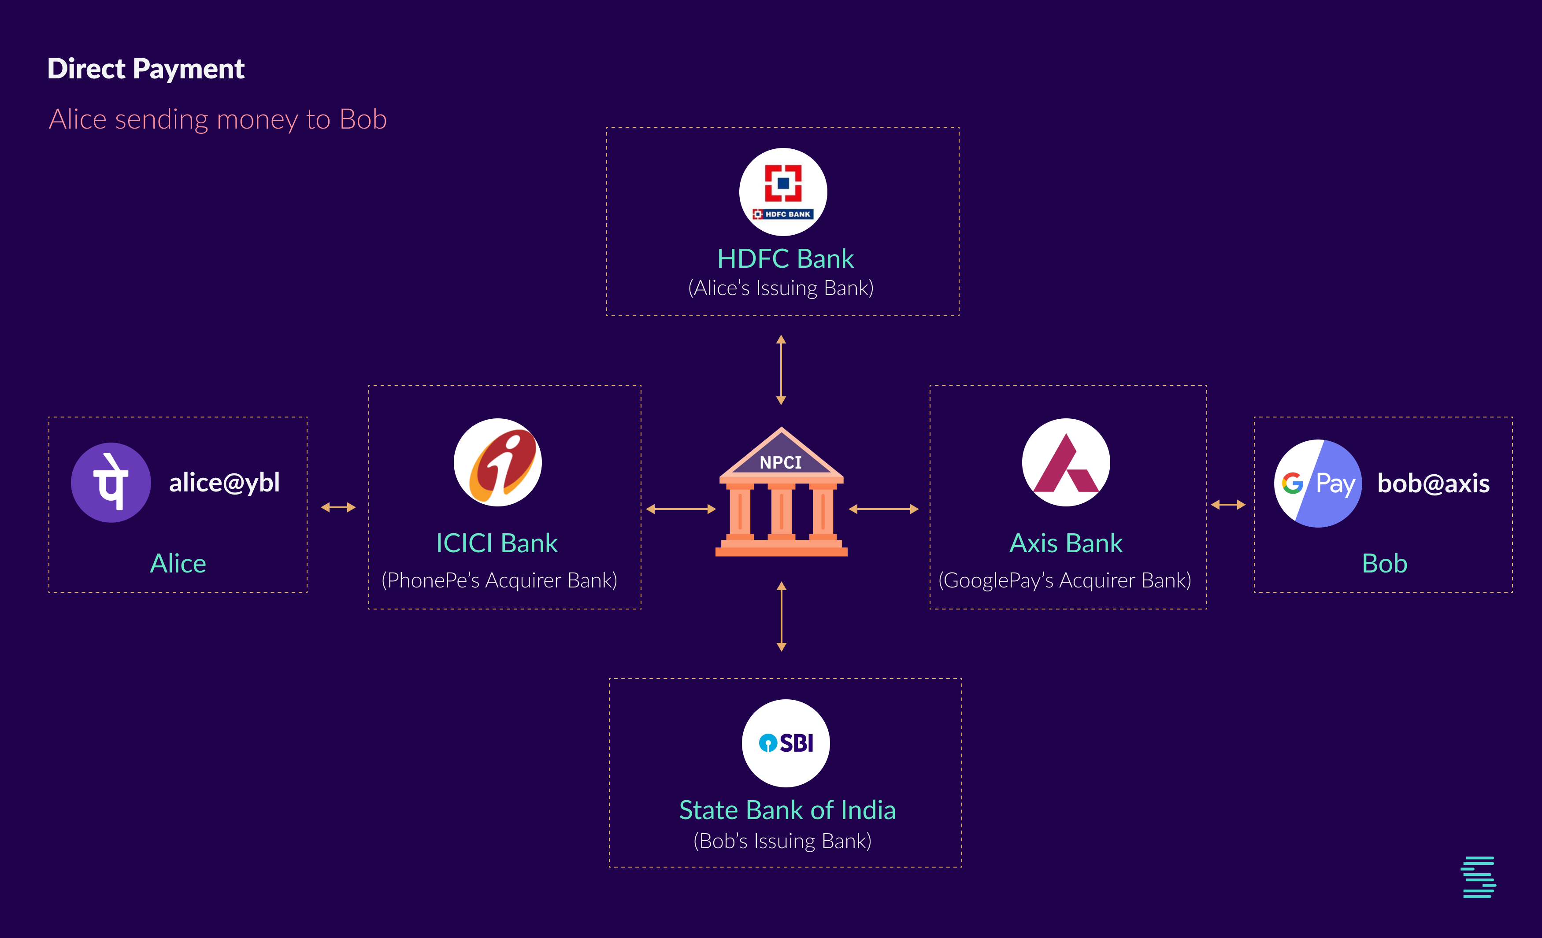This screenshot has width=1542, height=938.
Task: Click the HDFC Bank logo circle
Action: point(783,192)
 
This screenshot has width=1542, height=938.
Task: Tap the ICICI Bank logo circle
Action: point(497,462)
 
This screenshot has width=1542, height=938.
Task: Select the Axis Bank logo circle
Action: point(1066,462)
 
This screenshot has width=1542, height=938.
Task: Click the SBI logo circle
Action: point(786,743)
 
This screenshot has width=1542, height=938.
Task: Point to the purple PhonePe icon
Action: point(111,482)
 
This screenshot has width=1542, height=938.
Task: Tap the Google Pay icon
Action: point(1318,484)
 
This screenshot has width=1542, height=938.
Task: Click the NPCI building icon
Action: point(781,493)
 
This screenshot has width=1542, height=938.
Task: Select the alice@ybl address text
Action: point(224,483)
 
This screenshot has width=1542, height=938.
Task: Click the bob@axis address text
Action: point(1433,484)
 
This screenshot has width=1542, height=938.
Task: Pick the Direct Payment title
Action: point(146,69)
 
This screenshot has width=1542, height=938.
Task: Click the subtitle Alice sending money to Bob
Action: point(218,119)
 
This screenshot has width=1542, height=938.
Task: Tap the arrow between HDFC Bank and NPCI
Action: point(781,369)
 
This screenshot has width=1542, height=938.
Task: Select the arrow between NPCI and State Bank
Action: point(781,617)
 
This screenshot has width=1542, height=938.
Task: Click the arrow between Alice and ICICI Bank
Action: point(338,507)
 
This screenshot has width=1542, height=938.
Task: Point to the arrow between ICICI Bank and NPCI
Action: point(681,509)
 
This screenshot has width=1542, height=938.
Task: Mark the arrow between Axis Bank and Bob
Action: point(1228,505)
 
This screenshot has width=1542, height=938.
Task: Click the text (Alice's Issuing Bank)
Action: point(781,288)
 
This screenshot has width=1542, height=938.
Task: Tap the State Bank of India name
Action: point(787,810)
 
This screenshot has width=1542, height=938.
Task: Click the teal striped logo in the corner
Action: point(1478,877)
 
